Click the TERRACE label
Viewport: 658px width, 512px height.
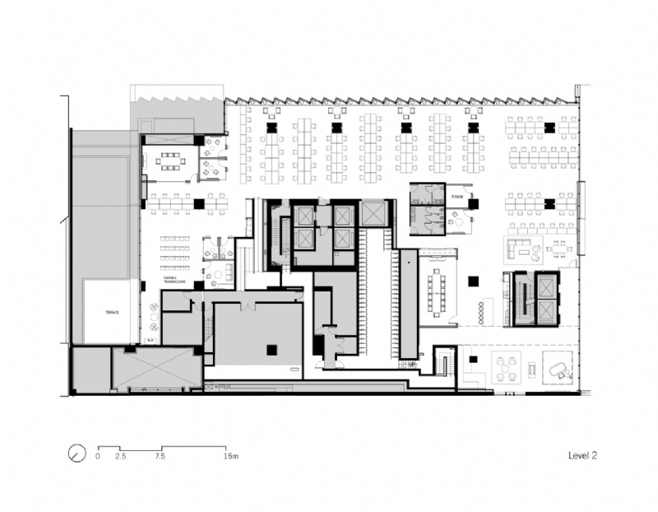pos(111,313)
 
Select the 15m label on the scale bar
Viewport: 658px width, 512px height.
pos(231,455)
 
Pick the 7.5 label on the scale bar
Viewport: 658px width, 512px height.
pos(161,455)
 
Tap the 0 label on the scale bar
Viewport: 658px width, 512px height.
pos(98,455)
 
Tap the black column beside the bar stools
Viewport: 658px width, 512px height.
pos(470,282)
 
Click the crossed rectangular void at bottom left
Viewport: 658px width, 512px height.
pos(157,368)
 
